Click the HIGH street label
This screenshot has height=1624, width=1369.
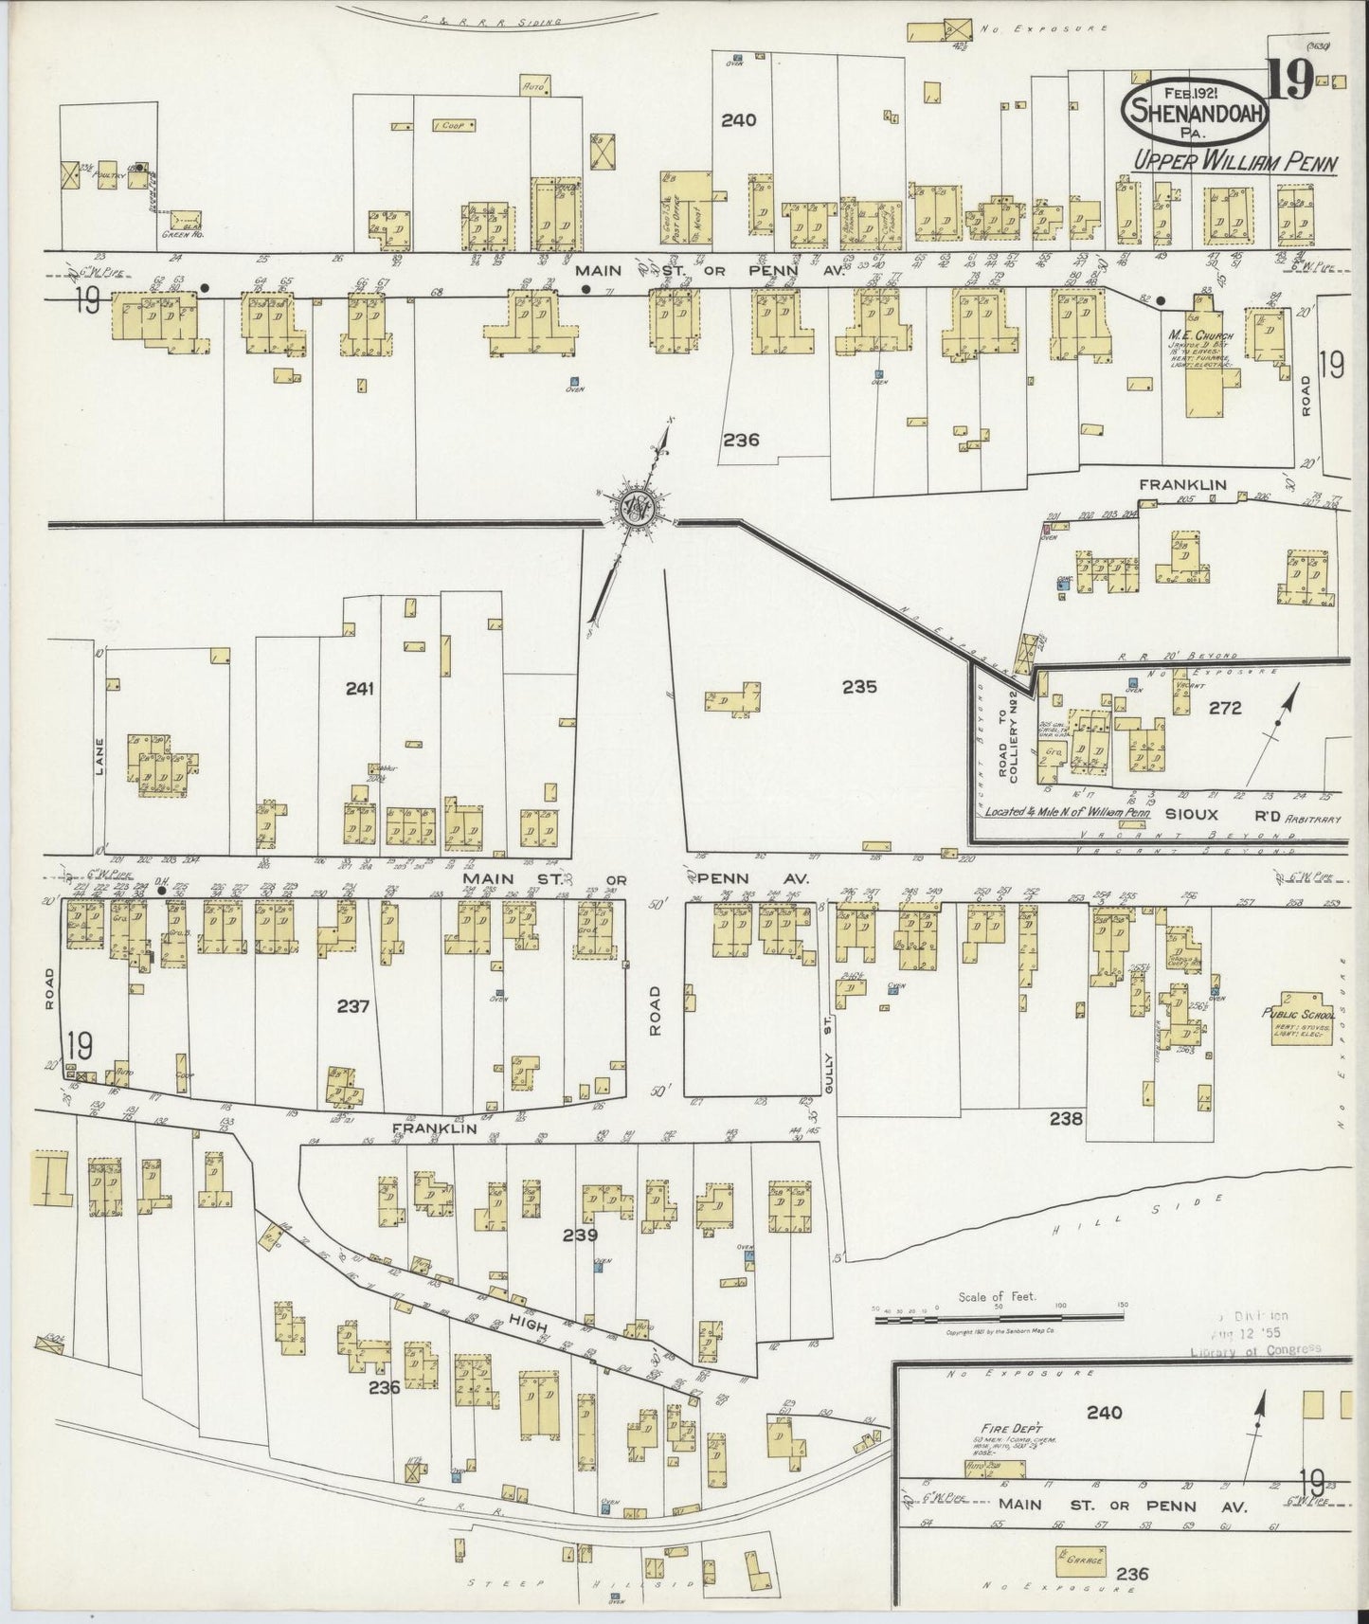click(x=534, y=1326)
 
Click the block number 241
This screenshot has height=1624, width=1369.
click(x=359, y=688)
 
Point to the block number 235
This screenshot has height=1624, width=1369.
click(x=859, y=687)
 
